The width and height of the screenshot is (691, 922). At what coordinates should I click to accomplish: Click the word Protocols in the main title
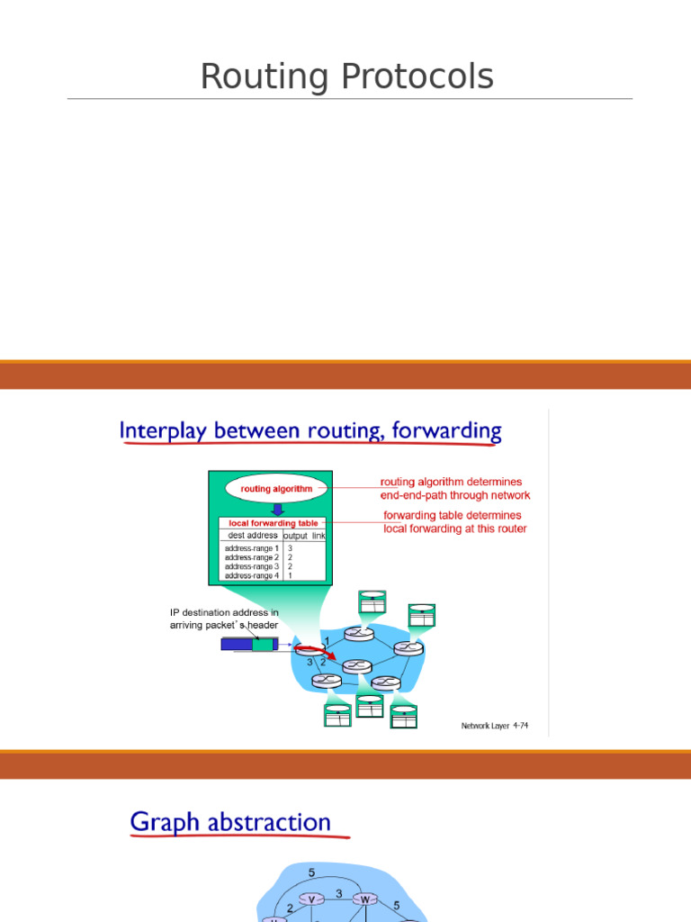417,77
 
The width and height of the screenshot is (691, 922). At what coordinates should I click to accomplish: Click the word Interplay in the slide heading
163,431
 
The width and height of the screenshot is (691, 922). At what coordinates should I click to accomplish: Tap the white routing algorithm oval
276,489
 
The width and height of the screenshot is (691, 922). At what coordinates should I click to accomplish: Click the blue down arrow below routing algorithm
278,510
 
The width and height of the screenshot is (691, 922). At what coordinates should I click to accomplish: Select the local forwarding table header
274,523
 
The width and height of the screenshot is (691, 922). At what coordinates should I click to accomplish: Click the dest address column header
253,535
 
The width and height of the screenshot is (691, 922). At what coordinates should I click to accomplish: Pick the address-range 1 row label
252,548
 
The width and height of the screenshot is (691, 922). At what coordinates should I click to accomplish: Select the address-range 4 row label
252,575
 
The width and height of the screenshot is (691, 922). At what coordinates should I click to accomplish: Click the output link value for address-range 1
291,548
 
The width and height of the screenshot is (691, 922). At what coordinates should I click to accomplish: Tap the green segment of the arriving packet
263,645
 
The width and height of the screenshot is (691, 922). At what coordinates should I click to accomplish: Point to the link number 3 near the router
310,662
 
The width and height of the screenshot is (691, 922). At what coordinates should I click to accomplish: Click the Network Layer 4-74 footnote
495,726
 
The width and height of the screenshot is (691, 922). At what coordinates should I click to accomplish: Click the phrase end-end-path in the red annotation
409,495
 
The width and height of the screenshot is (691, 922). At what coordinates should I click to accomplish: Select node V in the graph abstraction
311,899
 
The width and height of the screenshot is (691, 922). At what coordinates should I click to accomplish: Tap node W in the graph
365,899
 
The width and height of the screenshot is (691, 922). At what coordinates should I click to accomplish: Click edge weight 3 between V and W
339,893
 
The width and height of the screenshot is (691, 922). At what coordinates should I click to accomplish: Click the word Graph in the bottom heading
165,822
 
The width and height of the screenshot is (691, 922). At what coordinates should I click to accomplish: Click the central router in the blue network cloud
357,666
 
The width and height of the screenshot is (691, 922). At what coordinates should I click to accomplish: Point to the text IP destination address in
224,612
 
